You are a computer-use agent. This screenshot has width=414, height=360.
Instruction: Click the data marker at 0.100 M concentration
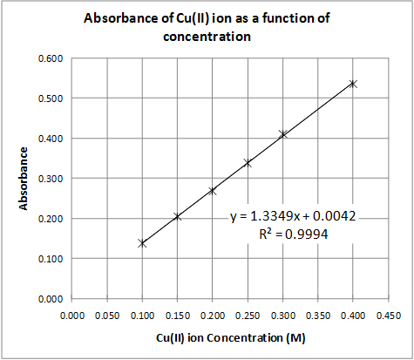(x=142, y=243)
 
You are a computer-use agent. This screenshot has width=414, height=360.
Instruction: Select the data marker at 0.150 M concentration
(x=178, y=216)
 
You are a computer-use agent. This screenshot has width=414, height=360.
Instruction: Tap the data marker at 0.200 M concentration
(x=213, y=191)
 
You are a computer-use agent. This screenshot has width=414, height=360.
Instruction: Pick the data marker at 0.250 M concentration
(x=248, y=163)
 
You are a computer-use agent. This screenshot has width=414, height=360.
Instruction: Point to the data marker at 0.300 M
(x=282, y=134)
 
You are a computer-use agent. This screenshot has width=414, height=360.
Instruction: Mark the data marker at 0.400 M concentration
(x=353, y=84)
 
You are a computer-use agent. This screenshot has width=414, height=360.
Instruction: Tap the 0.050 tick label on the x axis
(x=107, y=315)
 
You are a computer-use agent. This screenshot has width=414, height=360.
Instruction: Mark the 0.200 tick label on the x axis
(x=213, y=315)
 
